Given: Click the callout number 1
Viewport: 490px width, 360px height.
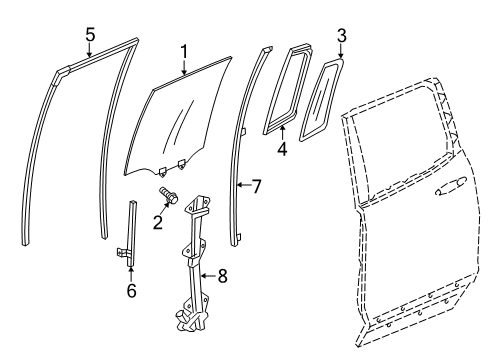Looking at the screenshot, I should click(x=183, y=50).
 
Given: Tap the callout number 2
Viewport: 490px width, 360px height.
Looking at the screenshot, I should click(x=157, y=221).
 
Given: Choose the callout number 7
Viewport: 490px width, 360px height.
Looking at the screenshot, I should click(x=257, y=185).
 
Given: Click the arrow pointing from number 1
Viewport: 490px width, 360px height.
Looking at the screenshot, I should click(x=185, y=67).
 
